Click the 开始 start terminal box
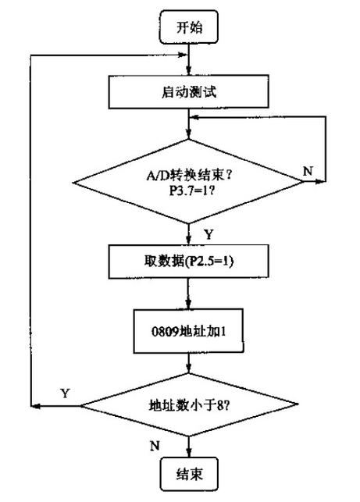[x=189, y=27]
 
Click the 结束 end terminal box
[x=189, y=473]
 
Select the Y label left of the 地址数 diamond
[x=63, y=393]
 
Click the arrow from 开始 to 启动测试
[x=189, y=60]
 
